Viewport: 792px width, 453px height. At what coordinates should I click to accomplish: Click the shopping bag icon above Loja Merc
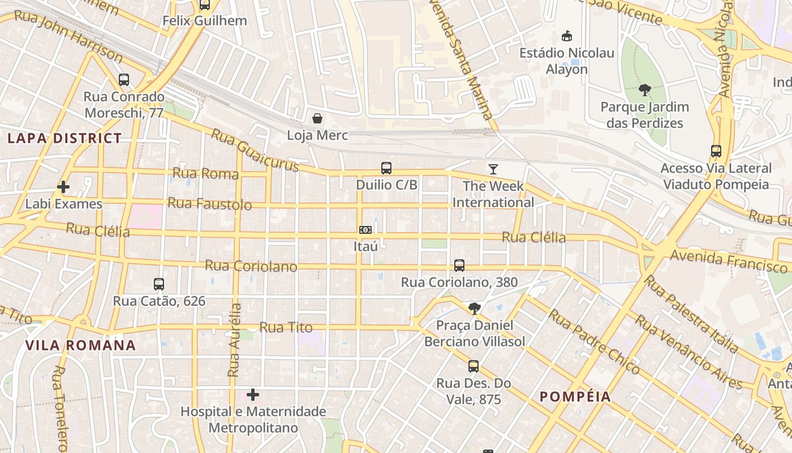pos(317,118)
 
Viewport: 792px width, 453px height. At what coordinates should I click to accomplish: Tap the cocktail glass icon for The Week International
pos(493,169)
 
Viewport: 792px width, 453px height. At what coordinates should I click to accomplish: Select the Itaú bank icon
pos(365,230)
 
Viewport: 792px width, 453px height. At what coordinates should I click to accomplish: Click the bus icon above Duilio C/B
pos(386,168)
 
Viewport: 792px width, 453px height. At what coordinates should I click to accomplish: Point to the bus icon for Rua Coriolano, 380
pos(459,266)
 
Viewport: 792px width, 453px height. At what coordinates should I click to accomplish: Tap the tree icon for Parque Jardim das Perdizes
pos(644,90)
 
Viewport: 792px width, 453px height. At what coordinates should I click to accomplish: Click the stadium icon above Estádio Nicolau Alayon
pos(566,36)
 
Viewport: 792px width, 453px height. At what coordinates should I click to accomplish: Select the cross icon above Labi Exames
pos(63,187)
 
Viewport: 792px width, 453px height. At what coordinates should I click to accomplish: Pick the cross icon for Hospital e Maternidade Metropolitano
pos(253,395)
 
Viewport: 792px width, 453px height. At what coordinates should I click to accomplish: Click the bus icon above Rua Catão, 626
pos(159,284)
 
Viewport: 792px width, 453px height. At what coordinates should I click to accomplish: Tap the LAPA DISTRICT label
pos(64,138)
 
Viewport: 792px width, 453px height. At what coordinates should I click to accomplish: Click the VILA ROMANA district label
pos(80,345)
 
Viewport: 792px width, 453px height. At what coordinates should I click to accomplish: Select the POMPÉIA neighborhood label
pos(575,396)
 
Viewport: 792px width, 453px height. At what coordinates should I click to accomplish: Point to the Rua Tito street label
pos(286,327)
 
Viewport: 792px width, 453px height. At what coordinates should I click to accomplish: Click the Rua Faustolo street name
pos(210,203)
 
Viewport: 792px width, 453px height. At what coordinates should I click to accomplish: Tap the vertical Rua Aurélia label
pos(234,340)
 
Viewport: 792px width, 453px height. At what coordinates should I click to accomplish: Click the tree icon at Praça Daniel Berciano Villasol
pos(474,309)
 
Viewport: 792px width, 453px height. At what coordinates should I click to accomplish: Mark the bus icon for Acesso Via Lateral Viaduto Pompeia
pos(716,151)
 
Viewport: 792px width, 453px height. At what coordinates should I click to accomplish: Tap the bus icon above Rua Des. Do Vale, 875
pos(474,366)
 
